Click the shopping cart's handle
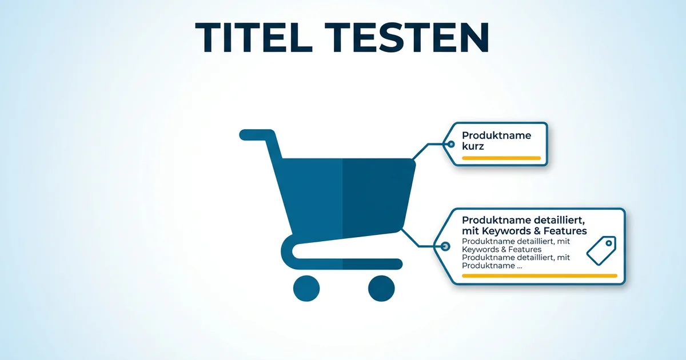[257, 135]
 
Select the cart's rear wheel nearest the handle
[306, 288]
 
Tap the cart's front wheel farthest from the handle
[381, 288]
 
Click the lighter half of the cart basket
[312, 194]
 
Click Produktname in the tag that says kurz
[496, 135]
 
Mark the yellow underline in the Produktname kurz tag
[501, 158]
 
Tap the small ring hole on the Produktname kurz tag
[450, 145]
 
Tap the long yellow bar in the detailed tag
[539, 276]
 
